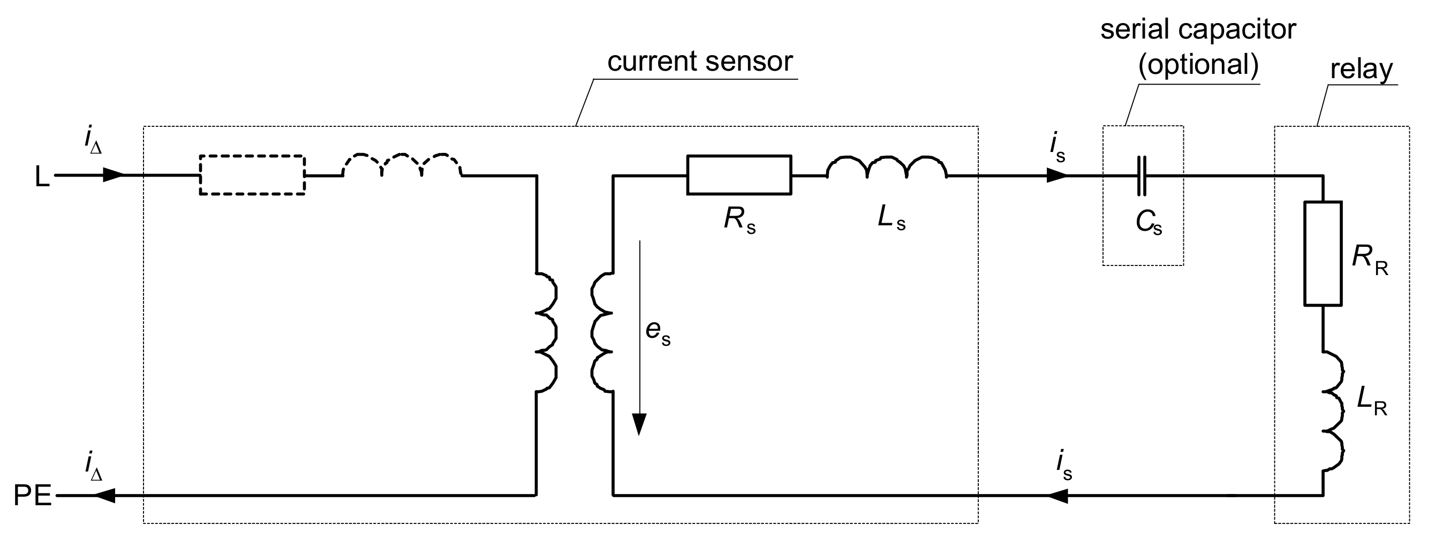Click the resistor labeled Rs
pyautogui.click(x=738, y=175)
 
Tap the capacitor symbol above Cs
pyautogui.click(x=1141, y=176)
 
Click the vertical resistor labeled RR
pyautogui.click(x=1323, y=253)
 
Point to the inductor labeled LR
pyautogui.click(x=1332, y=411)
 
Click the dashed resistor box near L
pyautogui.click(x=252, y=175)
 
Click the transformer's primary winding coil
pyautogui.click(x=546, y=332)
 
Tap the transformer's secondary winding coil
pyautogui.click(x=601, y=332)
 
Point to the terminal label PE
pyautogui.click(x=32, y=497)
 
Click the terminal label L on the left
pyautogui.click(x=42, y=177)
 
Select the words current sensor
pyautogui.click(x=700, y=61)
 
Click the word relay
pyautogui.click(x=1361, y=70)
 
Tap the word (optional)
pyautogui.click(x=1198, y=65)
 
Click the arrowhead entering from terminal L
pyautogui.click(x=112, y=175)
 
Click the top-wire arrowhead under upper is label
pyautogui.click(x=1056, y=176)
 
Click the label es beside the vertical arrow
pyautogui.click(x=658, y=332)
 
